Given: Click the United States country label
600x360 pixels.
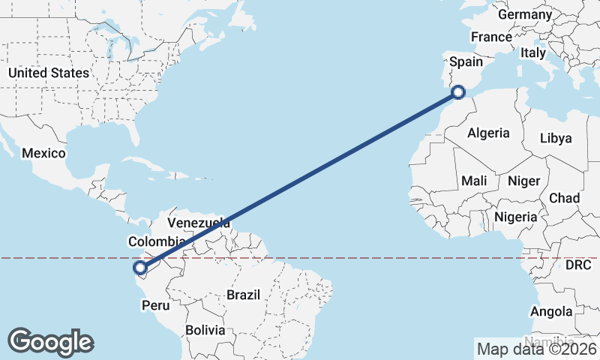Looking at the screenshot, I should [x=48, y=73].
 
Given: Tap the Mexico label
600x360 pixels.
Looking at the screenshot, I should [x=43, y=153].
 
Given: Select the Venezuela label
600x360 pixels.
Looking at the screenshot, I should [x=199, y=223].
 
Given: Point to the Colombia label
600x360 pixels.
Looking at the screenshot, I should [x=156, y=241].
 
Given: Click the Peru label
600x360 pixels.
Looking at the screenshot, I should [x=156, y=305].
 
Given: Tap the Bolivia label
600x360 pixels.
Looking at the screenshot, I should [x=205, y=329].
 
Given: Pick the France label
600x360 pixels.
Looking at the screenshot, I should [x=491, y=37].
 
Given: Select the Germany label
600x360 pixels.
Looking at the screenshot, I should [x=525, y=15].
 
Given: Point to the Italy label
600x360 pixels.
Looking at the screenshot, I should [x=533, y=53].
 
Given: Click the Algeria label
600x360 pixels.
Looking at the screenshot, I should [x=488, y=133].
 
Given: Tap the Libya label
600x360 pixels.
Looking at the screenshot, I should [x=556, y=138].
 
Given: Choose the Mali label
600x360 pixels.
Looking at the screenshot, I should [x=475, y=181].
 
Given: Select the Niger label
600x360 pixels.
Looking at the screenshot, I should [x=523, y=181].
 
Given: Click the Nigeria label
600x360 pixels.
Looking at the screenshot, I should [x=516, y=217].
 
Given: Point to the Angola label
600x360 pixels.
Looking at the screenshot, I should [x=551, y=311].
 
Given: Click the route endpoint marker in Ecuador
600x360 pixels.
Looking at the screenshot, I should [x=139, y=267].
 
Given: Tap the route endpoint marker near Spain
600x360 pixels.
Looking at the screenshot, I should [x=459, y=92].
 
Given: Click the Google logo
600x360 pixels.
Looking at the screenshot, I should [x=50, y=342].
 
